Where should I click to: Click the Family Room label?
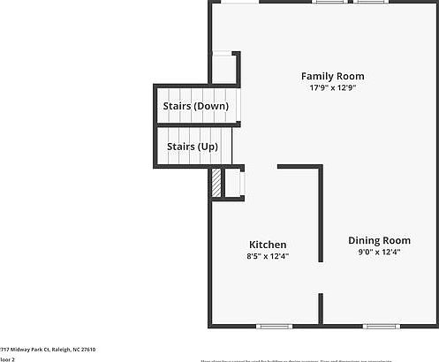pos(332,76)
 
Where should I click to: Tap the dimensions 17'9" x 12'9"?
pos(332,88)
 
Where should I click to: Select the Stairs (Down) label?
pos(195,106)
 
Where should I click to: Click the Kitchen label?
pos(268,245)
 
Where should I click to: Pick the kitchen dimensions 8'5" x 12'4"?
pos(268,256)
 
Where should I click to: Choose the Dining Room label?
pos(379,240)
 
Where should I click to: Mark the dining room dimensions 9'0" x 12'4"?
pos(379,253)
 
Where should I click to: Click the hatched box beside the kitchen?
pos(215,184)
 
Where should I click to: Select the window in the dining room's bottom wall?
pos(381,327)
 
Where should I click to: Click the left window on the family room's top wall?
pos(329,3)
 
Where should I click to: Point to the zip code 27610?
pos(87,350)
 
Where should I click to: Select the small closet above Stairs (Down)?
pos(223,68)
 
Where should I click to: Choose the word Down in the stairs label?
pos(212,106)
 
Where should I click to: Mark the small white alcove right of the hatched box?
pos(233,184)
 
